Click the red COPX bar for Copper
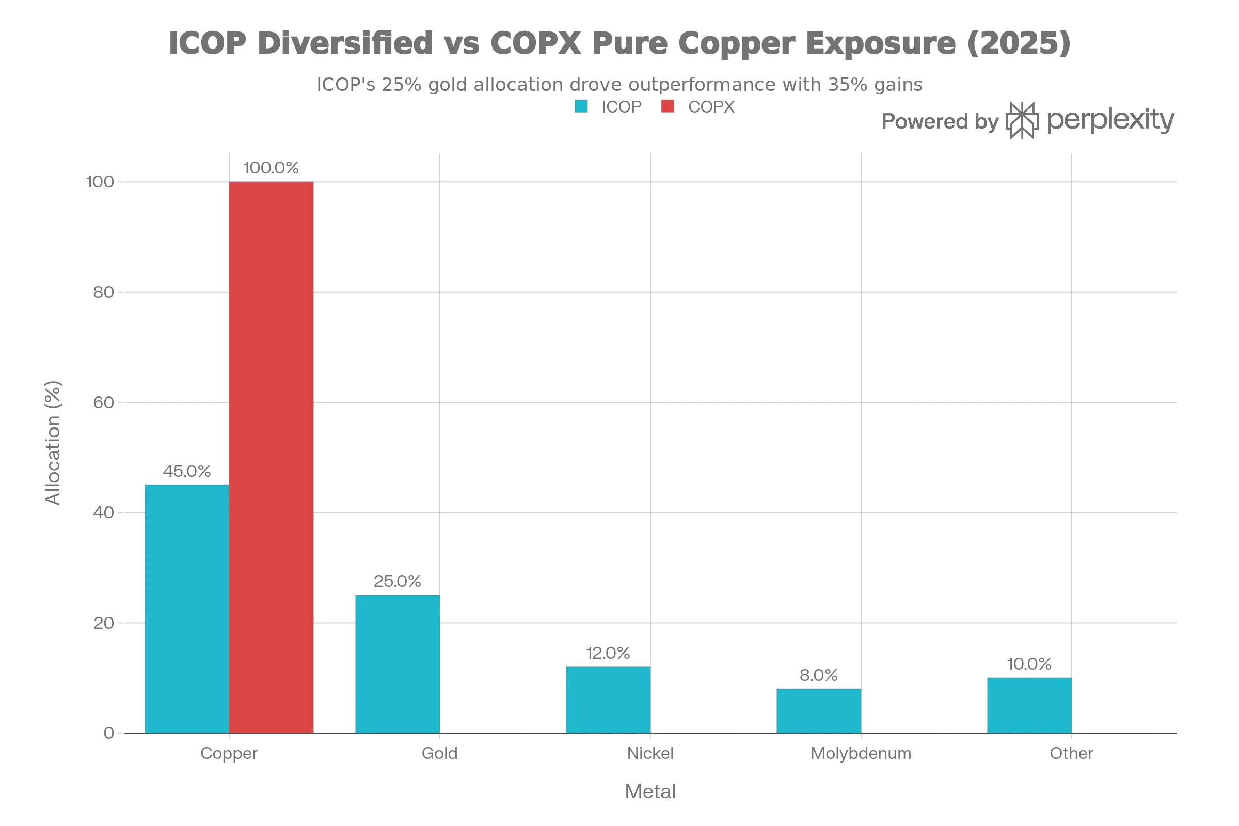point(272,457)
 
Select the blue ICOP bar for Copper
point(186,608)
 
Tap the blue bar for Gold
point(397,664)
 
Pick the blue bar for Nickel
point(608,699)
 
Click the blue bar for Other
point(1028,705)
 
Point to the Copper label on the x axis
point(228,753)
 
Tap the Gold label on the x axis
point(440,753)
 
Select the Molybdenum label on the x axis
point(860,753)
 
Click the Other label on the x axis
point(1071,753)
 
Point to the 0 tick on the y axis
point(109,733)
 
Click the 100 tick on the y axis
point(100,182)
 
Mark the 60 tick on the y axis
point(103,403)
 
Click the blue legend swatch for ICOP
point(581,108)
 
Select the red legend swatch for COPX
point(668,108)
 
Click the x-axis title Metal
point(650,791)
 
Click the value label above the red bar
point(272,167)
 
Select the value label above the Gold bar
point(396,582)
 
